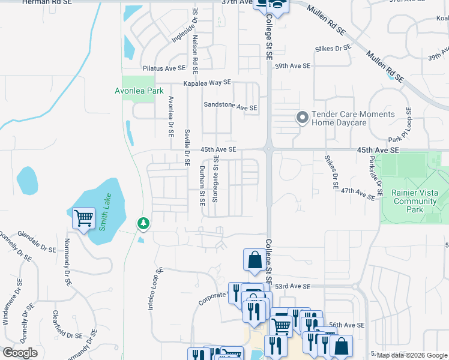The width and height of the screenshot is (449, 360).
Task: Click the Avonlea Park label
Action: (x=139, y=91)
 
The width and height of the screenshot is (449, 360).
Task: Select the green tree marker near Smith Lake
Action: (x=143, y=223)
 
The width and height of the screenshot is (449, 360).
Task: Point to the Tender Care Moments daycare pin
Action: (x=302, y=117)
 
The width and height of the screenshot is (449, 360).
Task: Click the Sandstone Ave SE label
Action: (x=231, y=107)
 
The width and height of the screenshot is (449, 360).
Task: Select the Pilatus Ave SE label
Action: (x=163, y=68)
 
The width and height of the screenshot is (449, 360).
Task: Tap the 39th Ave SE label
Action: (x=292, y=65)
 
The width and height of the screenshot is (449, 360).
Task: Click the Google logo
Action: (x=20, y=353)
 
